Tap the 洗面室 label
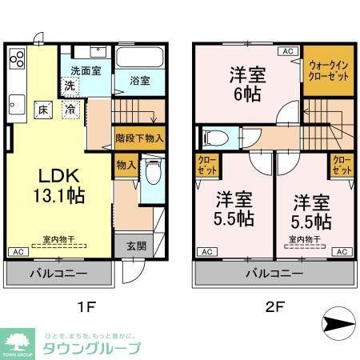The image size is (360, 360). [x=85, y=70]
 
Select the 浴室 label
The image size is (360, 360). [x=140, y=80]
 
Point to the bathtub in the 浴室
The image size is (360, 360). [x=140, y=58]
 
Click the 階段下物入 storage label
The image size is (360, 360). [x=138, y=138]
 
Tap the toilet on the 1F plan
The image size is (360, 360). [x=153, y=172]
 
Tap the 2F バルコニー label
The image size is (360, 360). [x=274, y=274]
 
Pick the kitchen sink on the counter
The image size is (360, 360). [x=17, y=102]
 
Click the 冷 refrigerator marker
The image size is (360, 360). [x=70, y=109]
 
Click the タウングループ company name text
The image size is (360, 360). [x=91, y=348]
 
